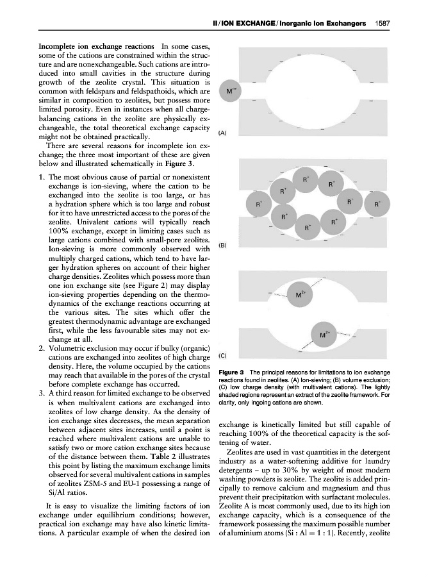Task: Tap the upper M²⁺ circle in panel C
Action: (299, 295)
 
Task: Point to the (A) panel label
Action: (222, 133)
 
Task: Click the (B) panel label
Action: (222, 245)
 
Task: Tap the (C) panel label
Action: (222, 355)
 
